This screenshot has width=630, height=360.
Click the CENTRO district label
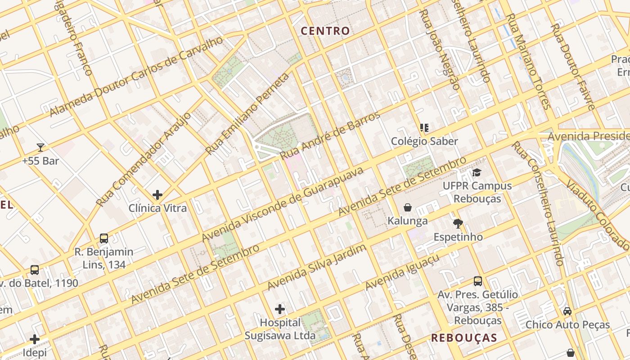tap(325, 31)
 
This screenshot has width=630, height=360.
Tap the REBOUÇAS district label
tap(464, 338)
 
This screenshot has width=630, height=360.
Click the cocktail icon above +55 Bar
tap(40, 147)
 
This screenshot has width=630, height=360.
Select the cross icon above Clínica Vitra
tap(157, 195)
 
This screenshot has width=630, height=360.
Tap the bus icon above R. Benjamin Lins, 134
tap(104, 238)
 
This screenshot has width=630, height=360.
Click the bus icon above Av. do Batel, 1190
tap(35, 270)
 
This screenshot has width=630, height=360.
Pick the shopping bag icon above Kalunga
tap(408, 207)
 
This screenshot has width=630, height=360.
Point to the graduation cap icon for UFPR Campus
tap(477, 172)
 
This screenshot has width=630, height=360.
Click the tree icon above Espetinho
tap(458, 223)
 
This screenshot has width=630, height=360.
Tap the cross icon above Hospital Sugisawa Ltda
tap(280, 309)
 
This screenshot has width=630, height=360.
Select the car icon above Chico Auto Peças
tap(567, 311)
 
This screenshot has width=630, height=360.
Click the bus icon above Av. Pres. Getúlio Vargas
tap(478, 281)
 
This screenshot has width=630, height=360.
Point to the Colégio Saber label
tap(424, 141)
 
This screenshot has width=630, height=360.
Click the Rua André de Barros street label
tap(329, 135)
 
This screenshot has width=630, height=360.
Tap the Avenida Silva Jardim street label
tap(316, 267)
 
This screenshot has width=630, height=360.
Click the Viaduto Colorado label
tap(597, 216)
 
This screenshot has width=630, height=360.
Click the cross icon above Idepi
tap(35, 339)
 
